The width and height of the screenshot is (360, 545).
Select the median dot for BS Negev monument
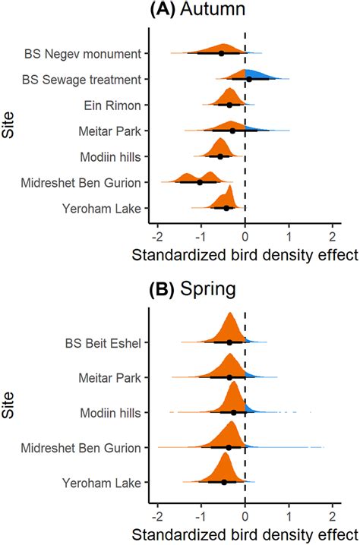pyautogui.click(x=222, y=53)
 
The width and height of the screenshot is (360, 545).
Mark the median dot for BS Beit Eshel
pyautogui.click(x=229, y=342)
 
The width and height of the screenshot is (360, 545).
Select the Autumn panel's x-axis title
pyautogui.click(x=245, y=255)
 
